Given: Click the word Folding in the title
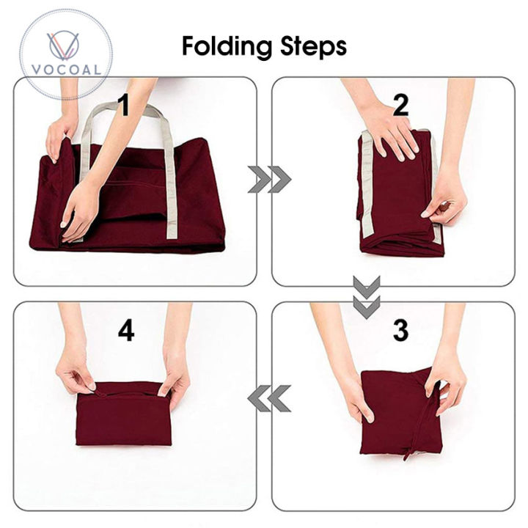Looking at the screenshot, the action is [227, 47].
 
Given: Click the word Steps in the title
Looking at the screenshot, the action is [314, 46].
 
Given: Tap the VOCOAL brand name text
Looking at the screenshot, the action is [66, 70].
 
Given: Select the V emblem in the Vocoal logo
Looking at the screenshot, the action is [63, 45].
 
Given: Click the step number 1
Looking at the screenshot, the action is [124, 105].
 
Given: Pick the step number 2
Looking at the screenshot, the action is [400, 105].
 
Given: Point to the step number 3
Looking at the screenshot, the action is [400, 330].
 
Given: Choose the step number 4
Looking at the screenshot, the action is [126, 330].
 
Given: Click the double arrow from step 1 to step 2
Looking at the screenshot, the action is [269, 180].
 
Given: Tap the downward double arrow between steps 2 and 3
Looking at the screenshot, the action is [367, 297].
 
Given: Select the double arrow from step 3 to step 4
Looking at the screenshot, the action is [269, 398].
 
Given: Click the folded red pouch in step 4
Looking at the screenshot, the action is [124, 414].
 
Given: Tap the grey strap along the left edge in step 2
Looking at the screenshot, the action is [367, 186].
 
